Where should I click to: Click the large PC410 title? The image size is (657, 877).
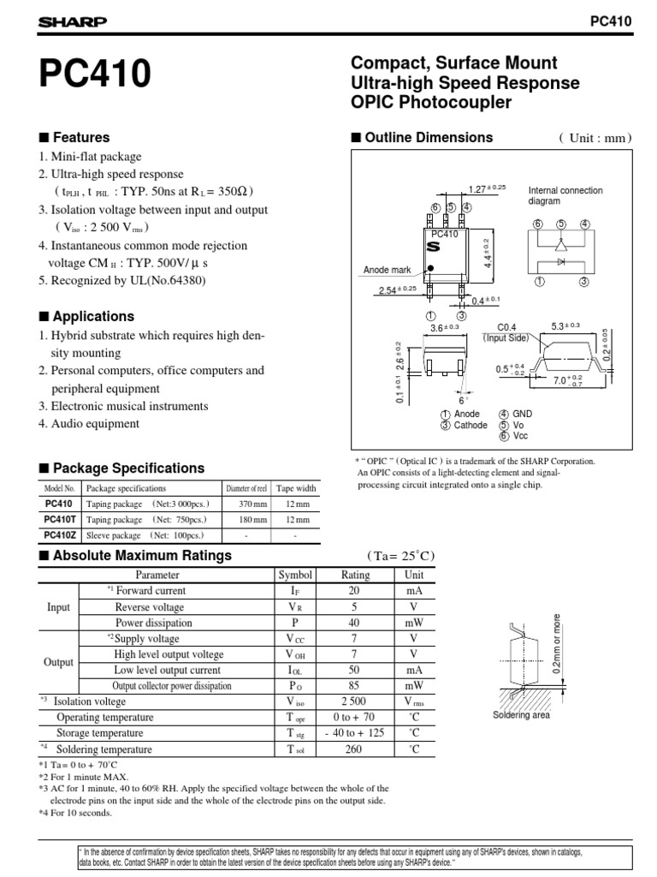(x=95, y=77)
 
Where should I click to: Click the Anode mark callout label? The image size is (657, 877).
(x=388, y=270)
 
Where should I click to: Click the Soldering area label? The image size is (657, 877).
(x=520, y=715)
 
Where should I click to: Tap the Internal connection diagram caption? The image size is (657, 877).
(x=565, y=195)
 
